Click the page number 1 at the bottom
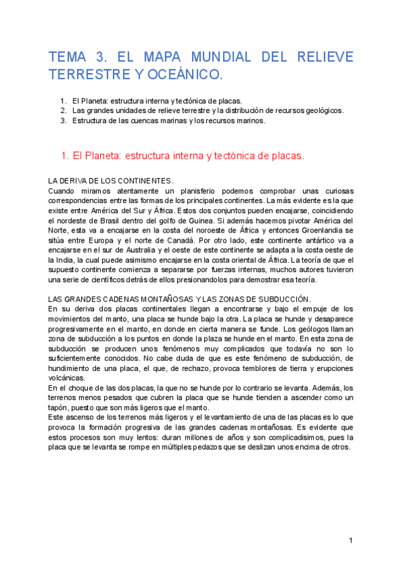[x=351, y=541]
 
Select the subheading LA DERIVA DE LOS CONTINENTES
[x=111, y=181]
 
